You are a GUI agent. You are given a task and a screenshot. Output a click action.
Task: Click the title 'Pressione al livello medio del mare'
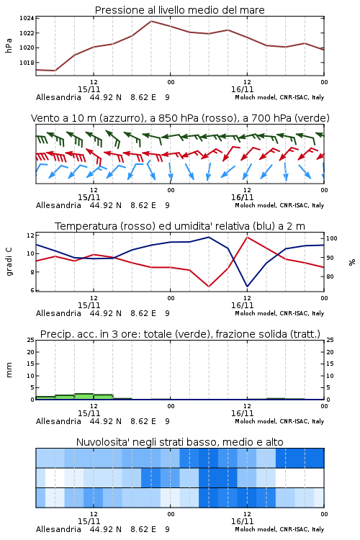click(180, 10)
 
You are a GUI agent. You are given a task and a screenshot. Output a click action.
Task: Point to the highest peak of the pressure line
click(151, 21)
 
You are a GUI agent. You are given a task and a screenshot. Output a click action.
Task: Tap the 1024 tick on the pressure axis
click(26, 18)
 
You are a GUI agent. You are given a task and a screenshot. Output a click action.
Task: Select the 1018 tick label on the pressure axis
click(26, 63)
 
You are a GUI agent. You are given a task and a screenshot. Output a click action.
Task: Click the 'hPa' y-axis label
click(9, 45)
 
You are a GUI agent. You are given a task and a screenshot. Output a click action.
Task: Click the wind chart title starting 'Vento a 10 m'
click(180, 118)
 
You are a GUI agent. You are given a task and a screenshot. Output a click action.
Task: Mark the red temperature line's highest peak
click(247, 237)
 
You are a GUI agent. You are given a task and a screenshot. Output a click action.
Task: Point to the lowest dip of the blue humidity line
click(247, 287)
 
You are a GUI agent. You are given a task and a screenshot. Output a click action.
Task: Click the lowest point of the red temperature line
click(209, 287)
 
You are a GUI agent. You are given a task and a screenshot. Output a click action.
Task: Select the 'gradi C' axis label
click(9, 261)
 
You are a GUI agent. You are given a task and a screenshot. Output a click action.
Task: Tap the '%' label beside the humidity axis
click(352, 262)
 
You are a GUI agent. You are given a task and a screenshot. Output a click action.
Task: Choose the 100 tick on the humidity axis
click(332, 238)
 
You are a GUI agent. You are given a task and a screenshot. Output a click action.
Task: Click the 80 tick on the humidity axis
click(330, 276)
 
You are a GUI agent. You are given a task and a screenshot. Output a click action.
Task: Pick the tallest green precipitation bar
click(84, 397)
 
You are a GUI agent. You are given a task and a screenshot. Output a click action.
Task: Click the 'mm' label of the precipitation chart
click(9, 370)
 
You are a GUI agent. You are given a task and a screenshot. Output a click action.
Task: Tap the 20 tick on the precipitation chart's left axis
click(31, 352)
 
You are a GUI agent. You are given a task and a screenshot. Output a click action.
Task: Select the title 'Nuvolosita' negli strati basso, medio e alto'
click(180, 442)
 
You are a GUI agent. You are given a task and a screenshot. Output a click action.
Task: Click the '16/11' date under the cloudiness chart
click(242, 521)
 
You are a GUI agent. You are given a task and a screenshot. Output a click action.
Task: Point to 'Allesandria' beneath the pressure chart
click(58, 97)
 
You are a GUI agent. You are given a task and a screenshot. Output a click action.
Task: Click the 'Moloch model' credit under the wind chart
click(256, 205)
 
